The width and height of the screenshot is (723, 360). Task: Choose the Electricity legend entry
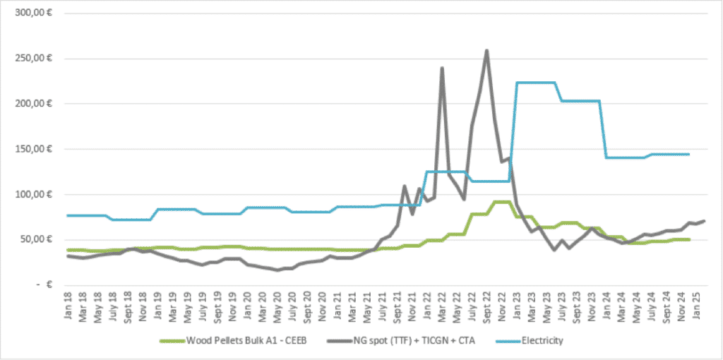(542, 341)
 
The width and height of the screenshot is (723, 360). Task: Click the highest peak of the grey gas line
(486, 51)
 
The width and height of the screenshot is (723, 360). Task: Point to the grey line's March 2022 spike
(442, 68)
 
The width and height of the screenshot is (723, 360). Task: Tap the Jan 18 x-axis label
(68, 308)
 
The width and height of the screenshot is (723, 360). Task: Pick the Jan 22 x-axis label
(427, 308)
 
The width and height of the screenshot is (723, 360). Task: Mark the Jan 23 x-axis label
(518, 308)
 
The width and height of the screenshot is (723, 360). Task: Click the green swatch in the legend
(174, 341)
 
